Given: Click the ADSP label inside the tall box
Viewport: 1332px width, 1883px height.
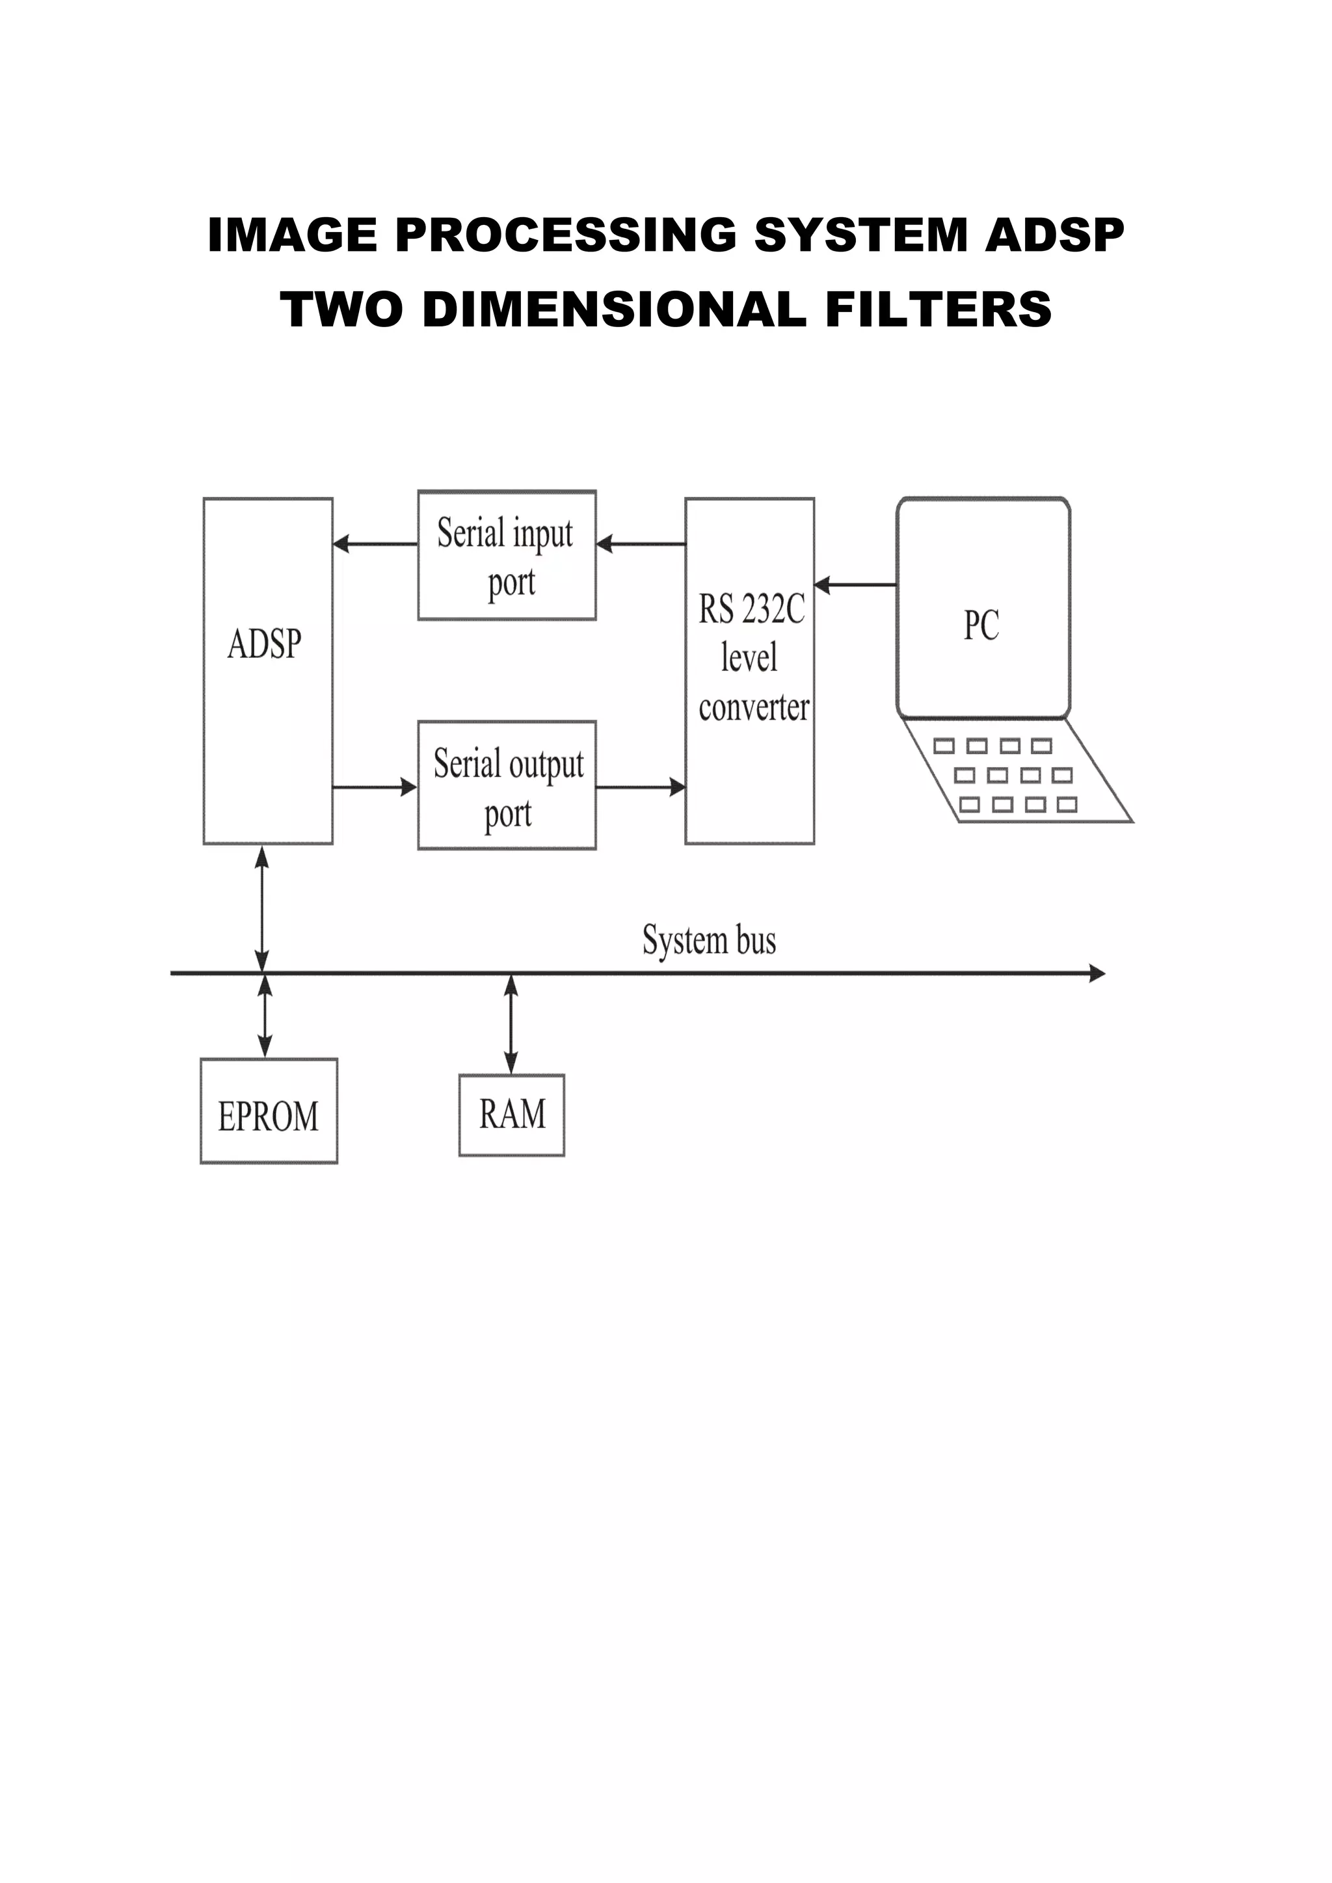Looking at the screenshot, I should point(264,644).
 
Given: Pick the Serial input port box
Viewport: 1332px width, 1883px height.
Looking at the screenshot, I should point(507,555).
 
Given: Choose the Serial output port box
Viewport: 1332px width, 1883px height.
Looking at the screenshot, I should point(507,785).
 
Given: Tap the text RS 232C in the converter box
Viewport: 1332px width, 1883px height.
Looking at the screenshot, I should point(751,609).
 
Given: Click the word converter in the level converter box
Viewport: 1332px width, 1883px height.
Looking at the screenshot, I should point(754,708).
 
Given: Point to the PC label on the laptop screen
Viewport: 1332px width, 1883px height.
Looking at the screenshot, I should point(981,625).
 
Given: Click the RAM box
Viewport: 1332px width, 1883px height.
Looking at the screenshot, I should point(512,1114).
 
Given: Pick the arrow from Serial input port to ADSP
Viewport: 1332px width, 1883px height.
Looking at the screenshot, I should point(375,544).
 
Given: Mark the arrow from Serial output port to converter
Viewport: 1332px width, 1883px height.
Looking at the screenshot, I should point(641,787).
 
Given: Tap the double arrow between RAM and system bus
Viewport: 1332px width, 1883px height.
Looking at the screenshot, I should point(511,1023).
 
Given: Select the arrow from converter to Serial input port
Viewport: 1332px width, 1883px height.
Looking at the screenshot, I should point(641,544).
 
